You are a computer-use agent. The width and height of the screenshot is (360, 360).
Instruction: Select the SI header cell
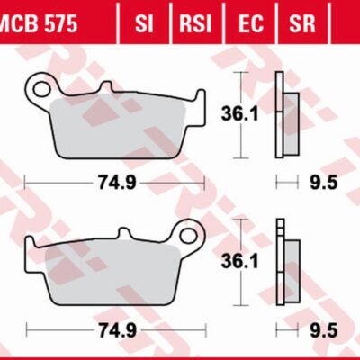[x=144, y=22]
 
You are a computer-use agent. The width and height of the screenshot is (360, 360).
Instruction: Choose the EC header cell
[x=251, y=22]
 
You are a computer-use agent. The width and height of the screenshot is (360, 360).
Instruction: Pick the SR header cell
[x=302, y=22]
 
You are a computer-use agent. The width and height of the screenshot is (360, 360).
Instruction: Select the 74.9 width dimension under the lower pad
[x=115, y=332]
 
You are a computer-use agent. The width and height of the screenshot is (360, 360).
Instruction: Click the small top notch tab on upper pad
[x=107, y=87]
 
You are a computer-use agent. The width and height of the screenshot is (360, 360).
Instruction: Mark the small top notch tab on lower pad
[x=121, y=237]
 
